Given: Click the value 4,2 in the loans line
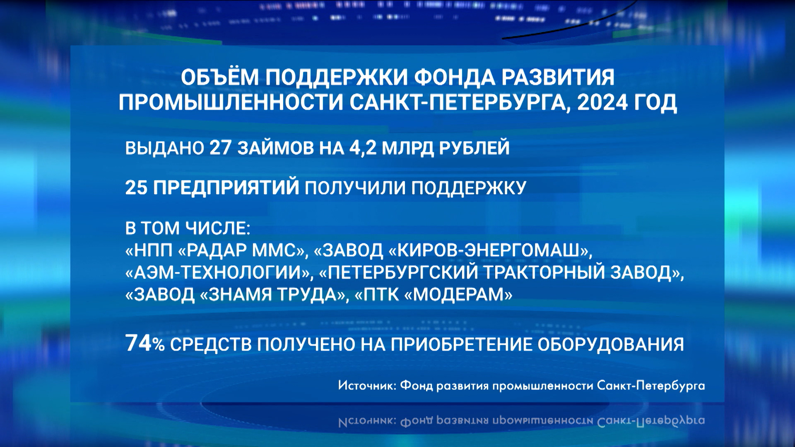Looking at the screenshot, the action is point(363,148).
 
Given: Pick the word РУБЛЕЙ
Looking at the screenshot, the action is point(474,148).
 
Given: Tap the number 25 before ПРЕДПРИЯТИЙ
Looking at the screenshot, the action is point(136,187).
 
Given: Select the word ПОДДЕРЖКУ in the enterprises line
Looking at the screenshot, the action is point(469,188).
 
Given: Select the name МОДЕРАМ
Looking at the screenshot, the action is point(458,295).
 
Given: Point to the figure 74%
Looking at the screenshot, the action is point(145,344).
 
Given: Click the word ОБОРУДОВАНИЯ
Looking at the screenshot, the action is point(611,344).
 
